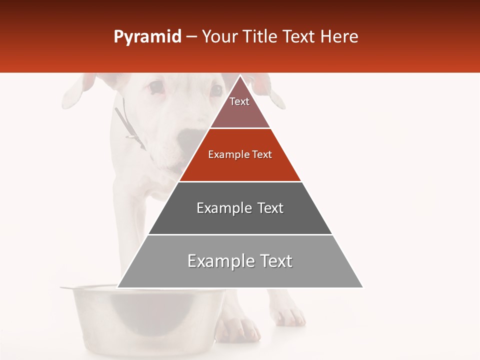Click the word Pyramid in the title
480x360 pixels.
pyautogui.click(x=147, y=37)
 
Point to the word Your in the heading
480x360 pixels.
pyautogui.click(x=219, y=37)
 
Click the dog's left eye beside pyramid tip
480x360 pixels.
pyautogui.click(x=216, y=90)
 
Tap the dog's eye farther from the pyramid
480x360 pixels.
pyautogui.click(x=155, y=88)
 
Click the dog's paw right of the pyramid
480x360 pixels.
pyautogui.click(x=290, y=315)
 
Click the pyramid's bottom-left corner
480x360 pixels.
pyautogui.click(x=118, y=287)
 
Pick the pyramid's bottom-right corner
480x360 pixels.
pyautogui.click(x=362, y=287)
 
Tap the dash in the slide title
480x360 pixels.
pyautogui.click(x=191, y=37)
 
